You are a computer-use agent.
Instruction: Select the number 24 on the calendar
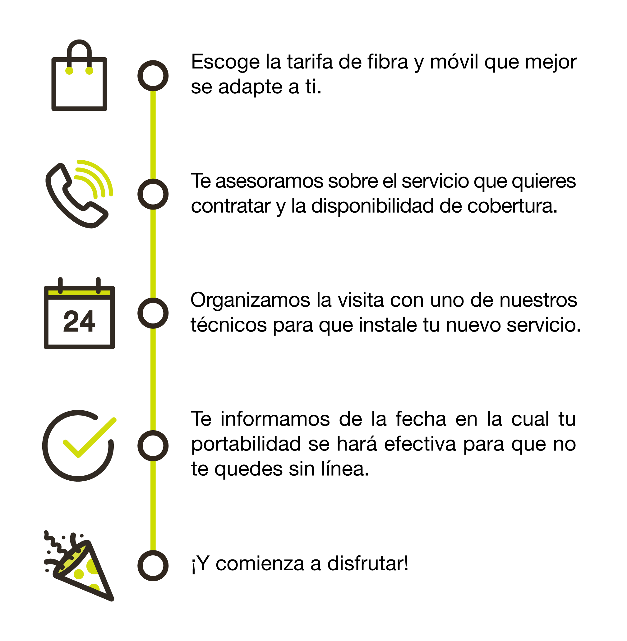79,321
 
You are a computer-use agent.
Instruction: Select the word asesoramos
270,182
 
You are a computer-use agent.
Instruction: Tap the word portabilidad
246,445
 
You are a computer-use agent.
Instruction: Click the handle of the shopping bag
79,49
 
